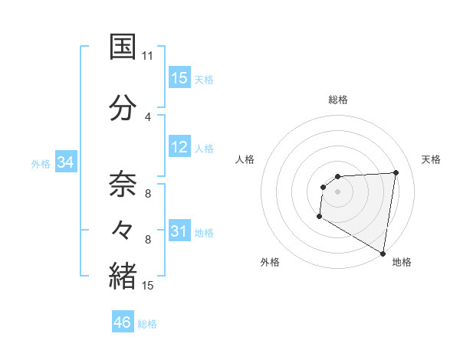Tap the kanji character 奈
tap(123, 185)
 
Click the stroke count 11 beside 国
tap(148, 56)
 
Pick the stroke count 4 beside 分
tap(148, 116)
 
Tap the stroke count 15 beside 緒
tap(148, 286)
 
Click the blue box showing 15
tap(179, 78)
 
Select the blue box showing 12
tap(179, 147)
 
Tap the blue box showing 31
tap(179, 231)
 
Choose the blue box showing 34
tap(65, 162)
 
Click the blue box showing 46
tap(123, 322)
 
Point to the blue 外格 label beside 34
tap(41, 163)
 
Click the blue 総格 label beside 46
tap(147, 324)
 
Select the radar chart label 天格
tap(432, 159)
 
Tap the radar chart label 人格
tap(245, 159)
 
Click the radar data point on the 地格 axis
tap(383, 253)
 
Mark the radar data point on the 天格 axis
tap(396, 172)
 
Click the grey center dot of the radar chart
tap(337, 191)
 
